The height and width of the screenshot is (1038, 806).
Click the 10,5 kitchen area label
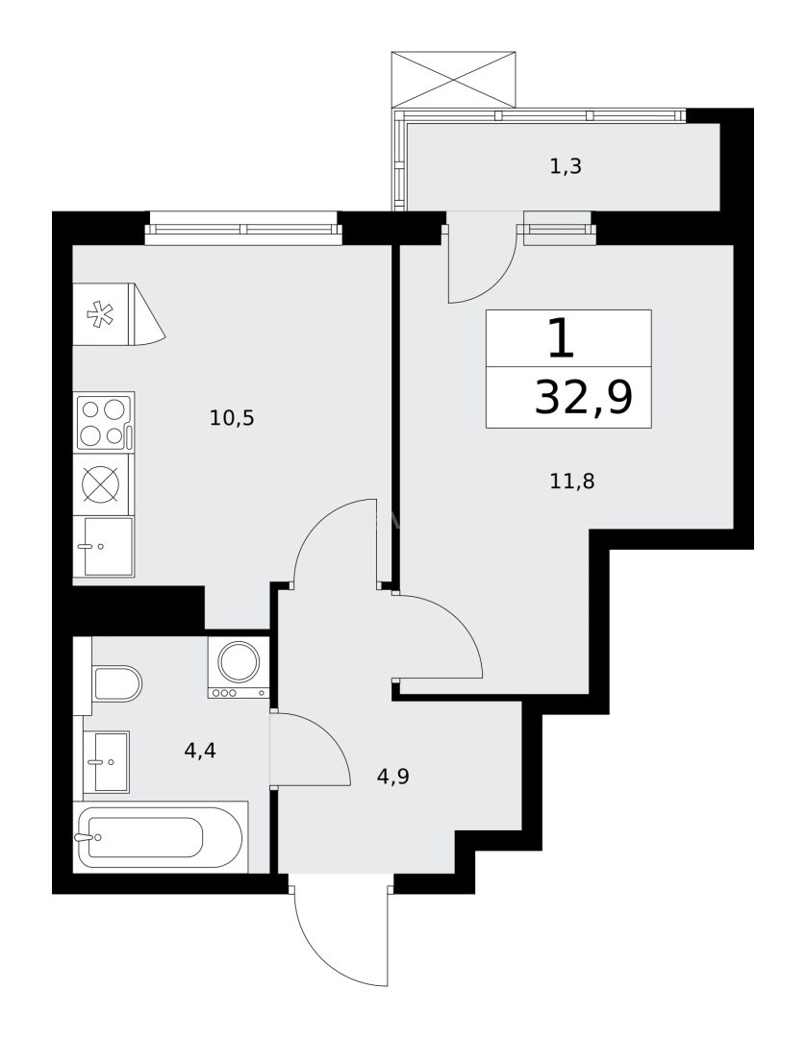coord(231,418)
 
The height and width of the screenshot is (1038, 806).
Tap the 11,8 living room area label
coord(572,482)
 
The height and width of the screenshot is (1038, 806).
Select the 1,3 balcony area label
coord(566,166)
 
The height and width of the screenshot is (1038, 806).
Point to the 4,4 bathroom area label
coord(200,751)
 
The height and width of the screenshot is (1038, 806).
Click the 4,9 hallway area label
coord(393,776)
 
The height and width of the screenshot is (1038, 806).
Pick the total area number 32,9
coord(583,397)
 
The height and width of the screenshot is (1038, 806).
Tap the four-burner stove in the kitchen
coord(105,422)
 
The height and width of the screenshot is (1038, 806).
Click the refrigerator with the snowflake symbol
coord(102,313)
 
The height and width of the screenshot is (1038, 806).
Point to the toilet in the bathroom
coord(115,683)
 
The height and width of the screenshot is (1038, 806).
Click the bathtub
coord(160,837)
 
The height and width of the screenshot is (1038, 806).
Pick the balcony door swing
coord(480,264)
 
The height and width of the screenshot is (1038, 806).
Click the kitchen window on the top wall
coord(243,229)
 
